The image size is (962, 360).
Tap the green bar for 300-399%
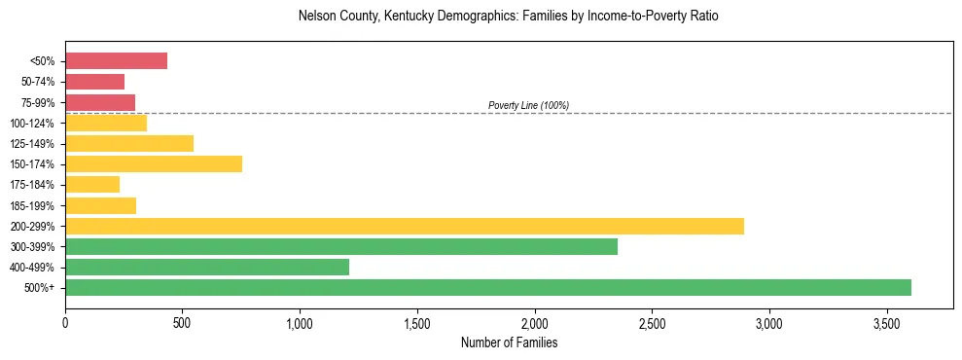[x=341, y=247]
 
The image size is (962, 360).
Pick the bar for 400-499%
[x=207, y=268]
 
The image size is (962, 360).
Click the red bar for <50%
[x=116, y=61]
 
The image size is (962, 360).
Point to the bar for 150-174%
[x=154, y=164]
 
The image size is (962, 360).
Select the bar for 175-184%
[x=92, y=185]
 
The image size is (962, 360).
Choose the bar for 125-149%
[x=129, y=144]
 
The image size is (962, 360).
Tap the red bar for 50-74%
[x=94, y=82]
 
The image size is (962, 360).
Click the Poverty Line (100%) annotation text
[x=528, y=105]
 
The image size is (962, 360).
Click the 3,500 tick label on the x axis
[x=887, y=321]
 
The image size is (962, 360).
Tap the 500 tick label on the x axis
[x=183, y=321]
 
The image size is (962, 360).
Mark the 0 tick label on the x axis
[x=65, y=321]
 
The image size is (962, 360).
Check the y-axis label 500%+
[x=41, y=288]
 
